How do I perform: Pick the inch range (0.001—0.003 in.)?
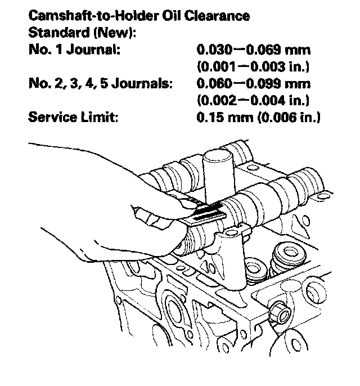point(254,66)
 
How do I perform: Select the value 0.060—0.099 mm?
point(254,84)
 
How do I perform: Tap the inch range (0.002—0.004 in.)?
point(254,101)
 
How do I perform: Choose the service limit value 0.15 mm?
point(222,118)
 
